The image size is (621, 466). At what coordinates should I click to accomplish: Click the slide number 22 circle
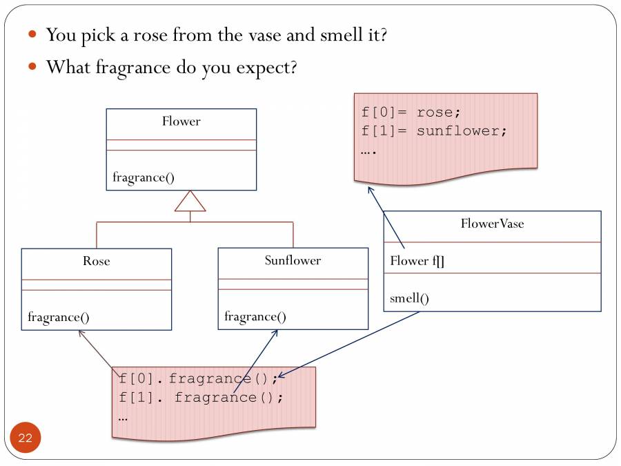pos(26,438)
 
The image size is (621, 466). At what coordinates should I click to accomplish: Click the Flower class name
pos(181,122)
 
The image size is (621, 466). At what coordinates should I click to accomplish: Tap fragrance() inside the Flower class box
pos(144,177)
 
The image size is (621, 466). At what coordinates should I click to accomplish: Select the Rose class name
pos(96,261)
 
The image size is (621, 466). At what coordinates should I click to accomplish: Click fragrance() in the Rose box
pos(59,318)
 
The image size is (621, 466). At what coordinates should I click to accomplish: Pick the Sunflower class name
pos(293,260)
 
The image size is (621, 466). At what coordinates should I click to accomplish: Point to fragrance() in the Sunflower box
pos(255,317)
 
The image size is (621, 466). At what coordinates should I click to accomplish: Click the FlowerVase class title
pos(492,224)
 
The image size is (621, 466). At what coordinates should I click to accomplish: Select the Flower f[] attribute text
pos(417,260)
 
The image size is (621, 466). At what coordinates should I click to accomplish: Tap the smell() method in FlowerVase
pos(409,298)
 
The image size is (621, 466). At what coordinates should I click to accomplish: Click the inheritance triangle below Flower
pos(190,202)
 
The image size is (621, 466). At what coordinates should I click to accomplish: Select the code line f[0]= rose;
pos(411,112)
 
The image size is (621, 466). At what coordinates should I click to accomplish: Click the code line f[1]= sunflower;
pos(434,130)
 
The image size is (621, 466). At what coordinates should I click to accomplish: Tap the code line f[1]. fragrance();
pos(201,398)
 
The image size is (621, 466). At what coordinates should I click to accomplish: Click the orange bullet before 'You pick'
pos(32,34)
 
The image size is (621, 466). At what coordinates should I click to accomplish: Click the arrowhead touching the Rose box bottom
pos(81,333)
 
